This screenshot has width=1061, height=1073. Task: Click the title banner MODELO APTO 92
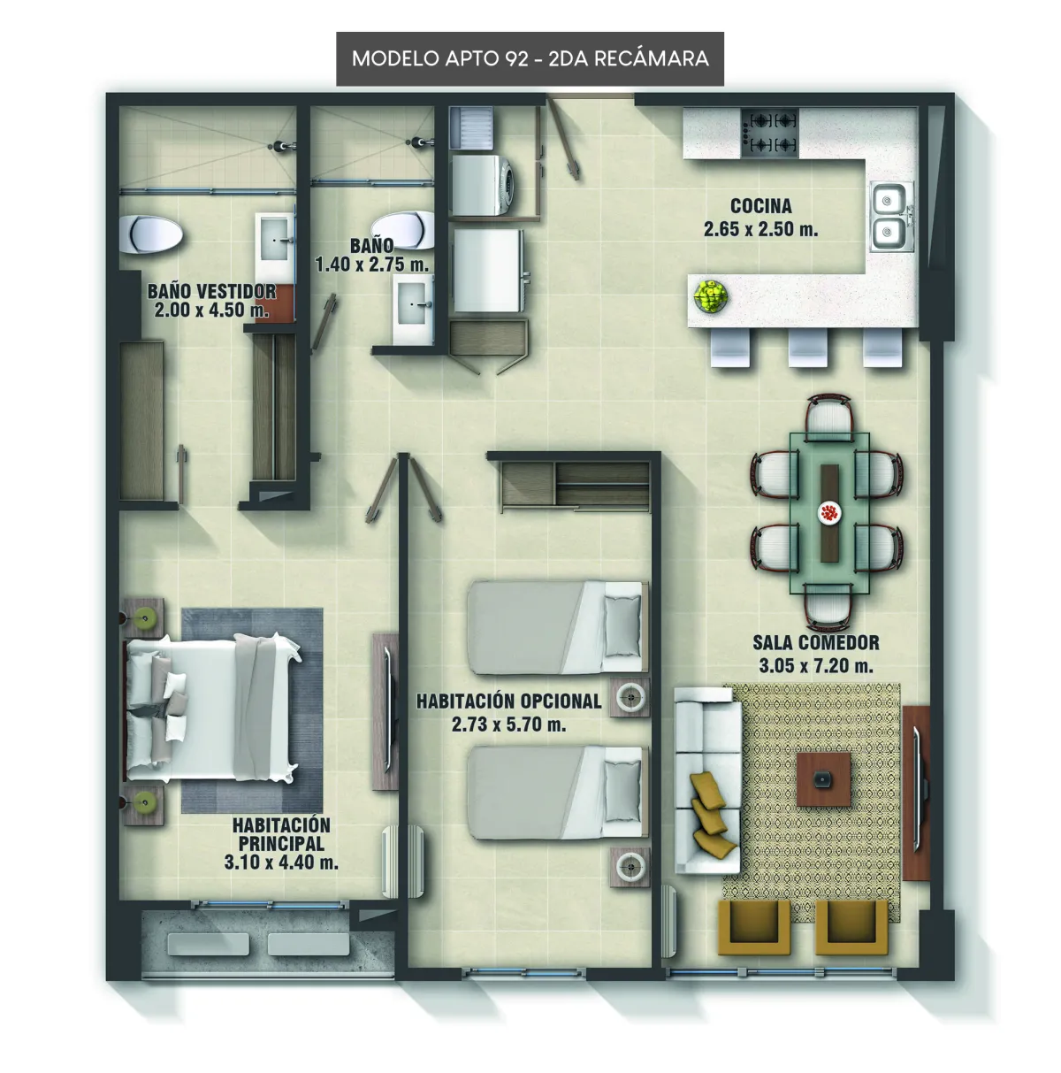(x=530, y=58)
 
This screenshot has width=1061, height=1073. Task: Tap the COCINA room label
(x=760, y=206)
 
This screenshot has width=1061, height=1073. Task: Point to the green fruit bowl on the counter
(x=711, y=295)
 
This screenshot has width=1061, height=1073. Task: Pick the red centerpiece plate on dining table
(x=828, y=512)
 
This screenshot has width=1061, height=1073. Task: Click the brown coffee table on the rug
(x=823, y=779)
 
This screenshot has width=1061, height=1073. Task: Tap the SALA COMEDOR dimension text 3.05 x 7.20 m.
(x=815, y=665)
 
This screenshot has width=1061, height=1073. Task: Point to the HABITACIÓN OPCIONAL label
(x=508, y=701)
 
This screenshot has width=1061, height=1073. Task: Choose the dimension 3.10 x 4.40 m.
(x=281, y=862)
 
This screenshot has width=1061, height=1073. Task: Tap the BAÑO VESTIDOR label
(x=211, y=291)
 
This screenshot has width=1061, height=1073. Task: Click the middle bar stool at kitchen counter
(x=808, y=347)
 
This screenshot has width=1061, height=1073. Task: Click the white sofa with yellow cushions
(x=707, y=781)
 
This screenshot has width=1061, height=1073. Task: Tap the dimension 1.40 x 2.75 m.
(x=372, y=264)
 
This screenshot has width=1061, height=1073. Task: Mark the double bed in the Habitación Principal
(x=211, y=709)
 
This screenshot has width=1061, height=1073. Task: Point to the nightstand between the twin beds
(x=630, y=696)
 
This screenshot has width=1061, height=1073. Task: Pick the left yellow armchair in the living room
(x=753, y=928)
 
